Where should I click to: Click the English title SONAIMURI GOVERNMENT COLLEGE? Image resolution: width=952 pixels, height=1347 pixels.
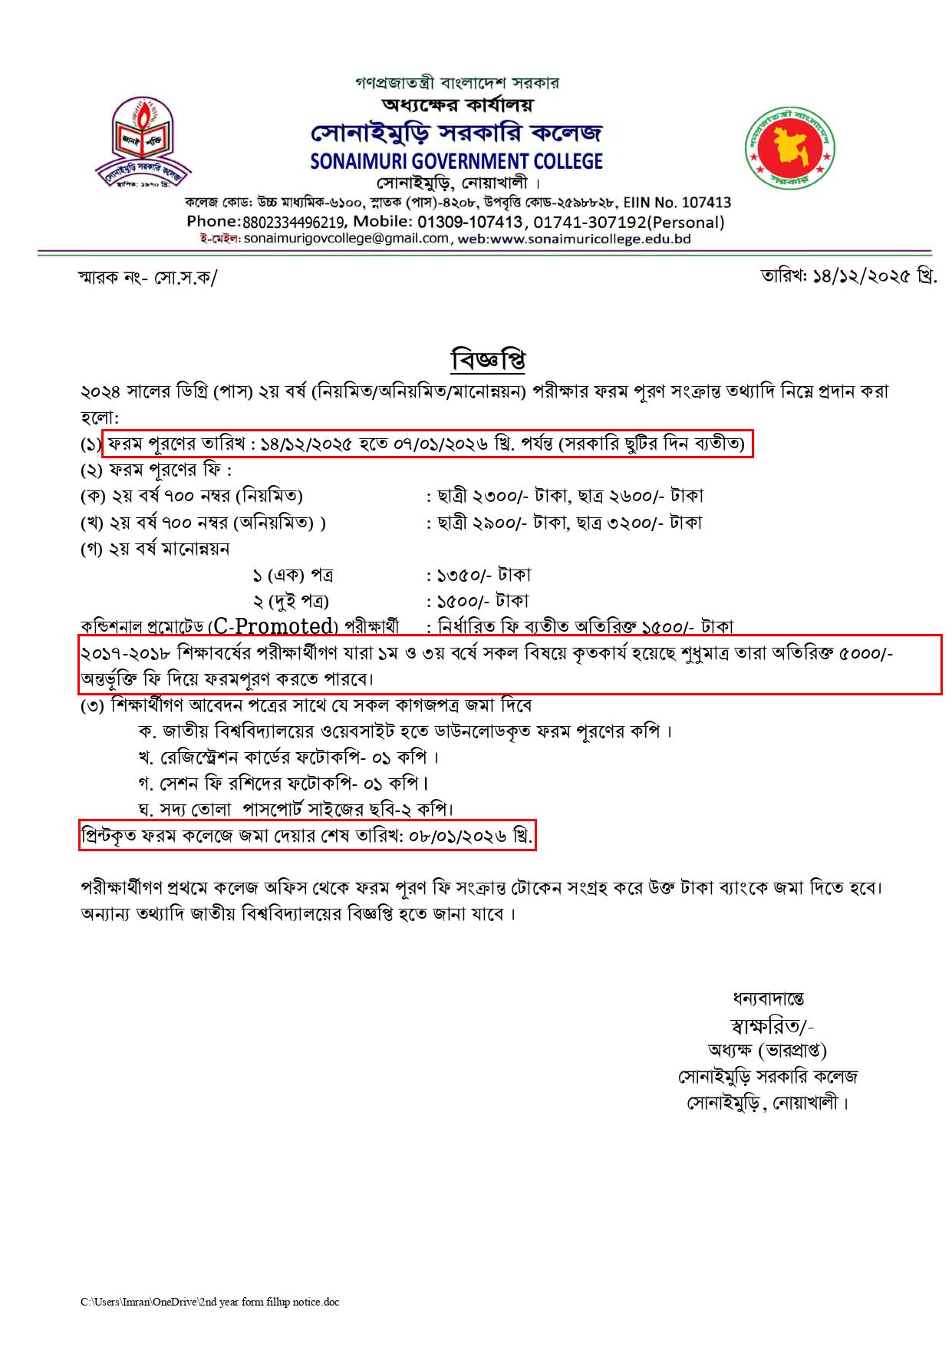click(456, 162)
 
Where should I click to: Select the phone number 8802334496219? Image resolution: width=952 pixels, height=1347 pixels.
click(294, 223)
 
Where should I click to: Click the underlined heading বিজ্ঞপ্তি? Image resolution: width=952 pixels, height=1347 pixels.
click(488, 360)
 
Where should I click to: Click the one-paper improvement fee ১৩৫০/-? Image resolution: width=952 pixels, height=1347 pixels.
click(464, 575)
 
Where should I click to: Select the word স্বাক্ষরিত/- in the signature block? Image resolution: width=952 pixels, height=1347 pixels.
click(772, 1026)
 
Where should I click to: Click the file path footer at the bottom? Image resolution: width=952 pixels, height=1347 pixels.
click(209, 1302)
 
